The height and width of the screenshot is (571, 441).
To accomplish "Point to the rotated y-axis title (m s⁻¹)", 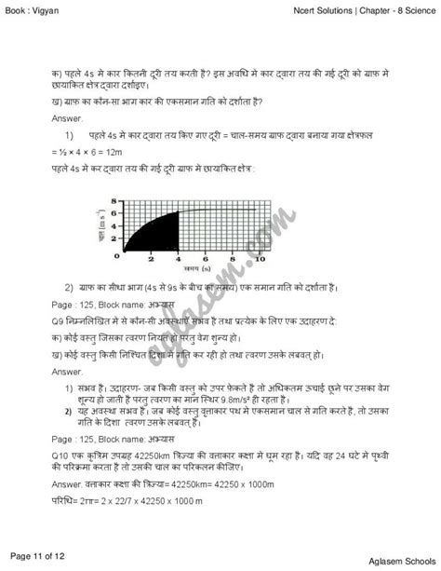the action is click(100, 227).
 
